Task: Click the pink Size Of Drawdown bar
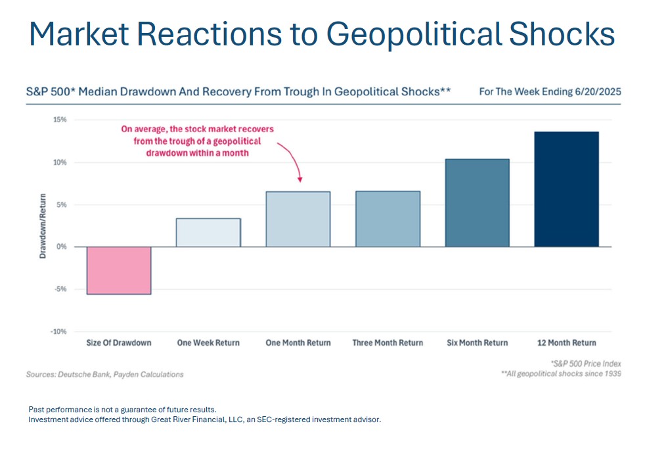[119, 270]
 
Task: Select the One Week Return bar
[208, 233]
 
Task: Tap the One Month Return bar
[298, 220]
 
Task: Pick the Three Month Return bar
[388, 219]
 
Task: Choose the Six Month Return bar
[477, 203]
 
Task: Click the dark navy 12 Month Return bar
[566, 189]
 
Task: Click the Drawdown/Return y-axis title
[43, 226]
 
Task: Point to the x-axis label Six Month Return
[477, 343]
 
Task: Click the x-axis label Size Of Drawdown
[119, 343]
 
